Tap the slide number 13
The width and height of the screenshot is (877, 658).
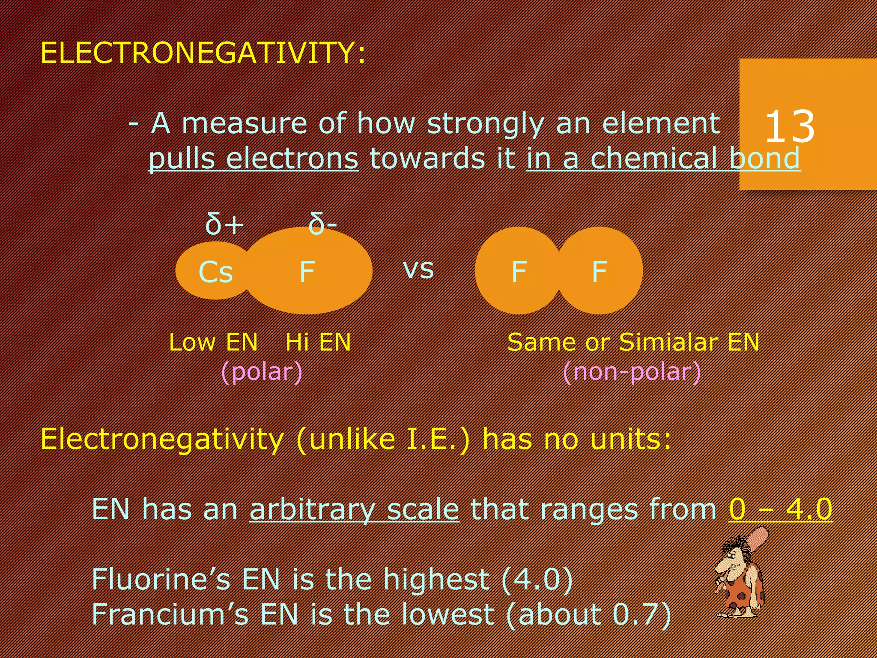tap(789, 126)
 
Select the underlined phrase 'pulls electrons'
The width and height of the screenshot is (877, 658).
tap(253, 159)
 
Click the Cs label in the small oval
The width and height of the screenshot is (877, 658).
tap(215, 272)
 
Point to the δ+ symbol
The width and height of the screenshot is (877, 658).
tap(224, 224)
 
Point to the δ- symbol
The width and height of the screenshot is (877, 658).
tap(322, 224)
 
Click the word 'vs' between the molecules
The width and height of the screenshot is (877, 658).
tap(418, 269)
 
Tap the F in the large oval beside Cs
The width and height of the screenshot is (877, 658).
tap(307, 272)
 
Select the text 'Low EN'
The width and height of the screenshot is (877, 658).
tap(213, 342)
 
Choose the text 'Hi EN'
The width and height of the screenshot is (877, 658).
tap(318, 342)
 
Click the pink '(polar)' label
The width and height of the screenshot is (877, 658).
tap(262, 371)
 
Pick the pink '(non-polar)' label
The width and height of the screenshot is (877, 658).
tap(632, 371)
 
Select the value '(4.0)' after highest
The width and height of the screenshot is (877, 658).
tap(537, 579)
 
